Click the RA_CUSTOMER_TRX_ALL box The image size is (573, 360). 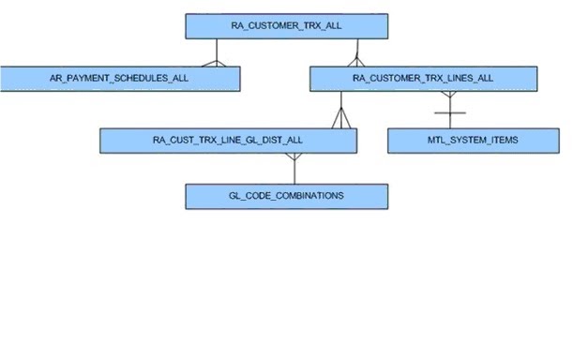(286, 26)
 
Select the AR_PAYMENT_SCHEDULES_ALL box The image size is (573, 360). (119, 78)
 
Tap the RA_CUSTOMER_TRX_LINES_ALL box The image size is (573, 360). (423, 78)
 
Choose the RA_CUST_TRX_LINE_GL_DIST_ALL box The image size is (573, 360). (228, 141)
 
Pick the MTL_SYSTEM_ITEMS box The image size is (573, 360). (466, 141)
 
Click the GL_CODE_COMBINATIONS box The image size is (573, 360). (286, 196)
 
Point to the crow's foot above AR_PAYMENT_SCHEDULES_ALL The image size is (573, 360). (217, 62)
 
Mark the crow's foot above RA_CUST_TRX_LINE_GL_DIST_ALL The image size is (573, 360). (339, 120)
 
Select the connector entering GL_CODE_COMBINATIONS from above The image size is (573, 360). (294, 172)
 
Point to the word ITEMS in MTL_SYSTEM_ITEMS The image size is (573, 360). (501, 141)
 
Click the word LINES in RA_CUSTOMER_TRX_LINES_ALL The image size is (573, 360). (454, 78)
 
